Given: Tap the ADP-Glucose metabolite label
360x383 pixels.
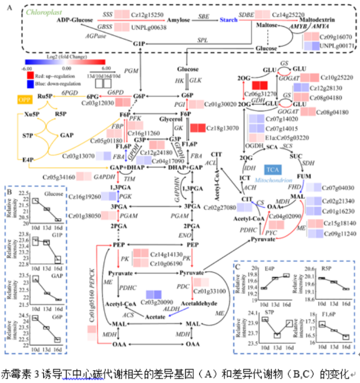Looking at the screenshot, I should [75, 20].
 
